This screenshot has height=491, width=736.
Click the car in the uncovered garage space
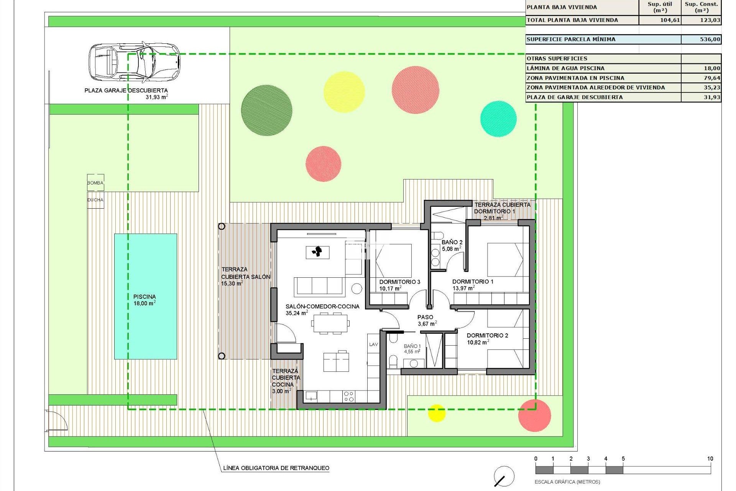[134, 62]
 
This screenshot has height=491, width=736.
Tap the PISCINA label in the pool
[145, 297]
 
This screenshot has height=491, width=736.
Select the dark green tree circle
[266, 110]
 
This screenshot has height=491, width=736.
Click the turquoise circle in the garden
[498, 119]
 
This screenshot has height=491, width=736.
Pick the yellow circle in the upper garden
[344, 92]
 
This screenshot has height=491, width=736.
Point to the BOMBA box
[95, 183]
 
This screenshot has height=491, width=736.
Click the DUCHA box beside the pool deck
[95, 200]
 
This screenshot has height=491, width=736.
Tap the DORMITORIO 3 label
[400, 282]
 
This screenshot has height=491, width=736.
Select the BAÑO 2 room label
[452, 242]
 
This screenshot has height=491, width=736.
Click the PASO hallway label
[425, 317]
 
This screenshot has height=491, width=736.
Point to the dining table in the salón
[330, 323]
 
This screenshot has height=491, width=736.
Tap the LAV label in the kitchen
[373, 344]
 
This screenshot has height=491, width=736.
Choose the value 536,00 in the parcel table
[710, 39]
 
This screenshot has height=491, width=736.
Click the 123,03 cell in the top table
[710, 20]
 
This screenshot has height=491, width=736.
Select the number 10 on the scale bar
[710, 458]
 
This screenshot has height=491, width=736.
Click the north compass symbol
[504, 477]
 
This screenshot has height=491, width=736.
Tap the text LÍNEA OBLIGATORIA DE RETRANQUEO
[276, 468]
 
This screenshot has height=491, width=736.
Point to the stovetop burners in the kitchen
[348, 396]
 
